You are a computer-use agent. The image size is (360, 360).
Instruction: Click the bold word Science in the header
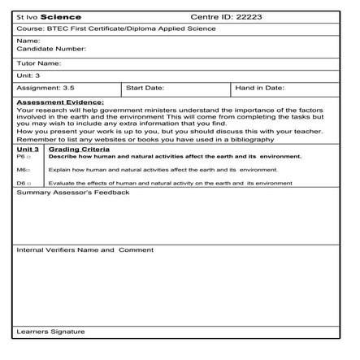(60, 16)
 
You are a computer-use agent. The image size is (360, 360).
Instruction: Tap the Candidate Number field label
(46, 49)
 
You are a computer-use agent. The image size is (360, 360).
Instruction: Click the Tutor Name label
(39, 63)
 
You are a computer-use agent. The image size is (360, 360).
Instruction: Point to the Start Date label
(145, 87)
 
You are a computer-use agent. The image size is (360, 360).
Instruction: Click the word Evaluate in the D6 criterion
(62, 184)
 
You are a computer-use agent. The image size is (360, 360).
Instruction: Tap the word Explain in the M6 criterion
(59, 170)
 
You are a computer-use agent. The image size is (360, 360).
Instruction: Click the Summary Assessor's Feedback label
(73, 193)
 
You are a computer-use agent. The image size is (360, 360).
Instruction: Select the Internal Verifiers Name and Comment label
(85, 249)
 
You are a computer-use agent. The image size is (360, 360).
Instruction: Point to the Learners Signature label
(50, 332)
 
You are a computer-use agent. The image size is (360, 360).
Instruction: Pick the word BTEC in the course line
(59, 29)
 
